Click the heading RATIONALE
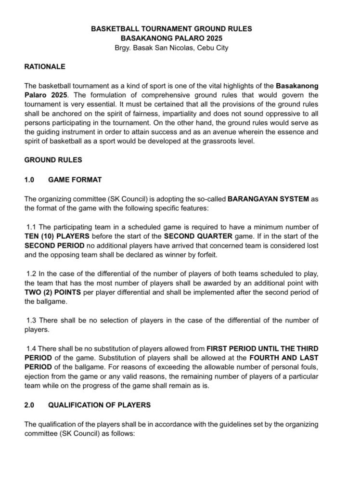click(45, 66)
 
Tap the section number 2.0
click(29, 405)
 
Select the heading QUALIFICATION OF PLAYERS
click(99, 405)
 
